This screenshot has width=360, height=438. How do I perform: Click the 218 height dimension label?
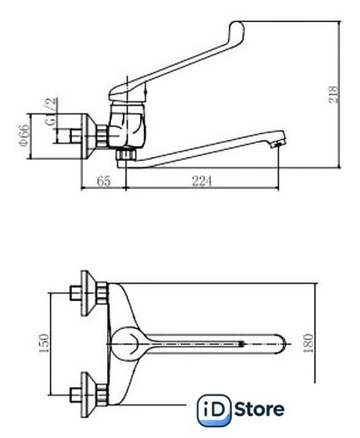[334, 95]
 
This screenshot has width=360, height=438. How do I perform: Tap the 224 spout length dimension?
[202, 181]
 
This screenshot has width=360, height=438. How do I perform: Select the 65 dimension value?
[104, 181]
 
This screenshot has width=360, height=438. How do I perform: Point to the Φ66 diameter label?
[25, 134]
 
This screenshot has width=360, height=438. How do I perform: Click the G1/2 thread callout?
[52, 112]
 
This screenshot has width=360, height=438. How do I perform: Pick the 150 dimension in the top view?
[44, 343]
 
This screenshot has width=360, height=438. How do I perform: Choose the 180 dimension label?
[308, 343]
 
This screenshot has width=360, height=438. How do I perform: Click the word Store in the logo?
[259, 409]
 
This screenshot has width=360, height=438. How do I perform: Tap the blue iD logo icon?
[214, 411]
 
